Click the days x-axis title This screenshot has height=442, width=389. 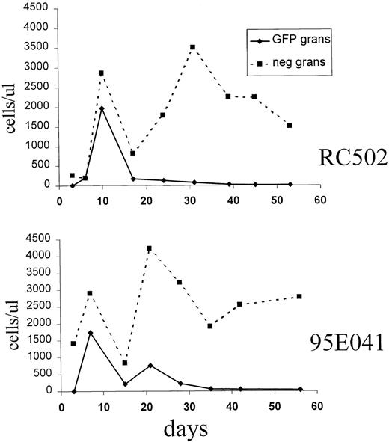coord(187,430)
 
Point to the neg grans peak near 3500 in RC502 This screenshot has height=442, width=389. coord(192,47)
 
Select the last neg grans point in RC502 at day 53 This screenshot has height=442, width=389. coord(289,126)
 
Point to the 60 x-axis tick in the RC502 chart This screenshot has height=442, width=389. coord(320,200)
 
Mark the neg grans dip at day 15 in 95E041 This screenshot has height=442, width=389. coord(124,363)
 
